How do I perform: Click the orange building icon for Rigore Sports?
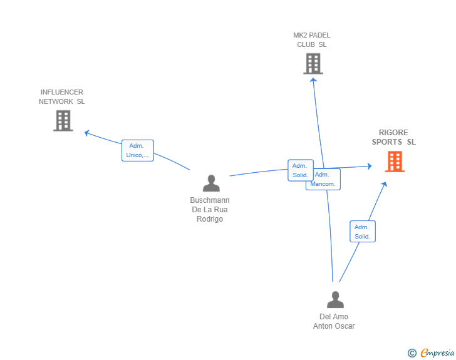[395, 162]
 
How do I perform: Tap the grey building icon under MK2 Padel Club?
[313, 64]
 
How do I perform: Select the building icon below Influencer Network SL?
[63, 121]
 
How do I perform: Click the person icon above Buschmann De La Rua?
[211, 183]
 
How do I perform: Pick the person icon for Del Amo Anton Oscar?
[335, 299]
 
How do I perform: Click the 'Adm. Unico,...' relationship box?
[138, 150]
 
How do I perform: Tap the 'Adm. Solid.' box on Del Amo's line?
[363, 232]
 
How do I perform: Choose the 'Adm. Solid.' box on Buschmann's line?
[301, 170]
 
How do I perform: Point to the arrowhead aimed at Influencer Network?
[86, 133]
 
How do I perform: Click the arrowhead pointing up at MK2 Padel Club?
[313, 80]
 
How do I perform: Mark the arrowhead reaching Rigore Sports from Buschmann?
[370, 166]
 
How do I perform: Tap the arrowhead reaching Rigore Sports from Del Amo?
[384, 184]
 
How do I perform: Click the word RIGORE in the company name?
[393, 133]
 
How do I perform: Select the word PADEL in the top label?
[321, 35]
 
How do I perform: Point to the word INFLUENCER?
[61, 92]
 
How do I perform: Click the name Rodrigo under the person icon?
[210, 219]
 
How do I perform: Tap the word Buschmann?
[210, 200]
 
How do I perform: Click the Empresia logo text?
[437, 352]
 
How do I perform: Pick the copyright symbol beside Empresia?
[412, 353]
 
